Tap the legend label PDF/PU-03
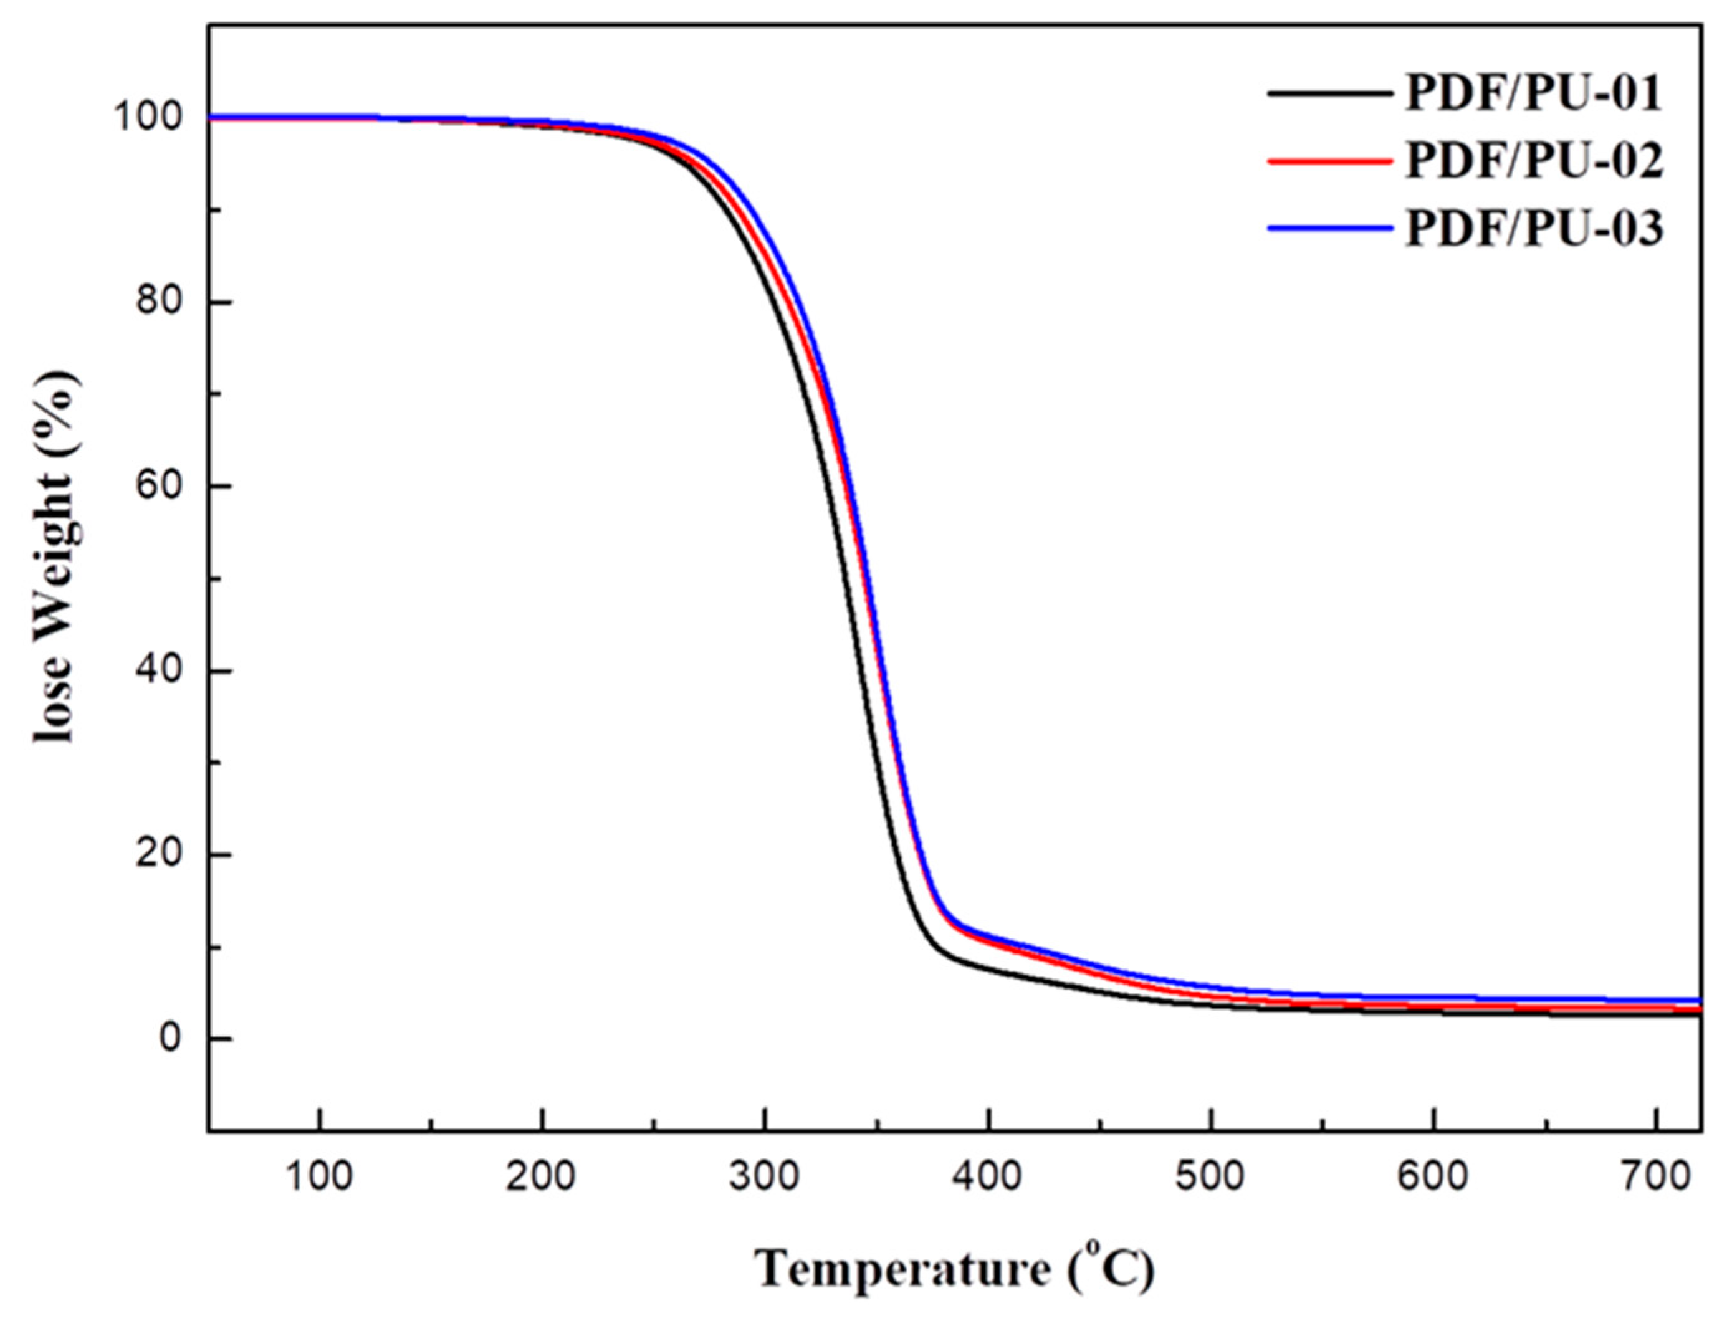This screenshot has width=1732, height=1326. pyautogui.click(x=1533, y=229)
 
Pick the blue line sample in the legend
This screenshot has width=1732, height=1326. pyautogui.click(x=1329, y=229)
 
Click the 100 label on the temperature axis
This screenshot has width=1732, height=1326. pyautogui.click(x=319, y=1176)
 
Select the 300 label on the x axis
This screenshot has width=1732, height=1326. pyautogui.click(x=764, y=1176)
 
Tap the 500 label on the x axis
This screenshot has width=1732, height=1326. pyautogui.click(x=1210, y=1176)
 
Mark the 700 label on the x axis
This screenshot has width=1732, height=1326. pyautogui.click(x=1655, y=1176)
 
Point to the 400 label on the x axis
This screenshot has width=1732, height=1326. pyautogui.click(x=988, y=1176)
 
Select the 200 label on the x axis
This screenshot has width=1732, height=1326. pyautogui.click(x=542, y=1176)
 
